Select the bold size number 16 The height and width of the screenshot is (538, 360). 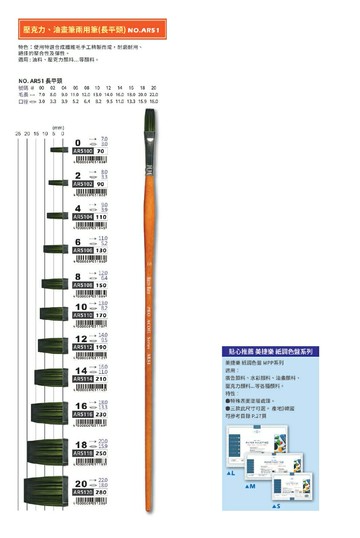pyautogui.click(x=80, y=405)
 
